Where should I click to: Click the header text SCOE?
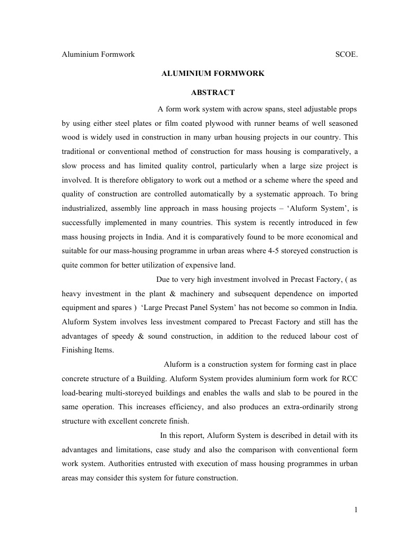(347, 54)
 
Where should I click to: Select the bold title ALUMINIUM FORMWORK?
(213, 73)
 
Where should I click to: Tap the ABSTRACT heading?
(213, 92)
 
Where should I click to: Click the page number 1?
(356, 510)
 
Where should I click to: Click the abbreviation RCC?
(350, 380)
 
